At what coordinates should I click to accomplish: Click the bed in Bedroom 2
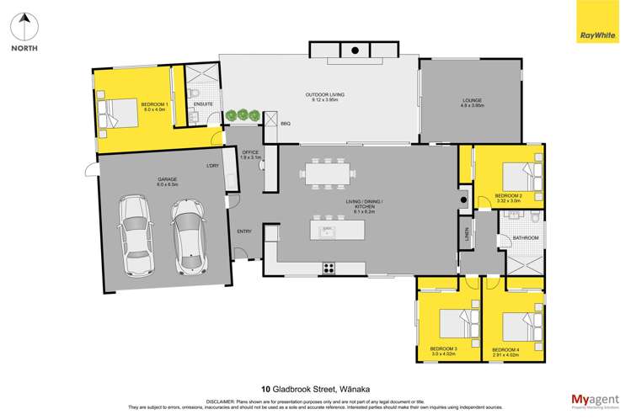521,178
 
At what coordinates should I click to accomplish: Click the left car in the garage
135,236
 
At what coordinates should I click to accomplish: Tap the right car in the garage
187,237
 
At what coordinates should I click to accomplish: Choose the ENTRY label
244,231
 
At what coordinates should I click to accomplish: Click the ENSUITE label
202,104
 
